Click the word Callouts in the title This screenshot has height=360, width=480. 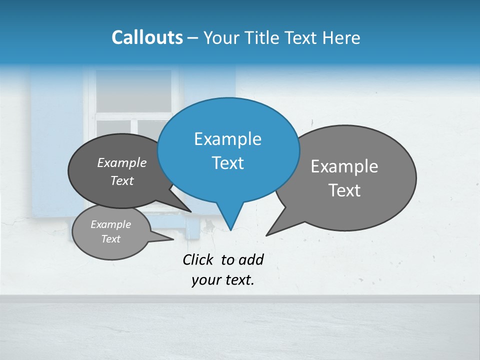[147, 38]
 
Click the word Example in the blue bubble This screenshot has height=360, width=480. [227, 139]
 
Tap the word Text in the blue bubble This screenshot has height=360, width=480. [227, 163]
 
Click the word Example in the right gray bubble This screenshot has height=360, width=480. [344, 166]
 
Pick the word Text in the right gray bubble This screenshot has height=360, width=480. [344, 190]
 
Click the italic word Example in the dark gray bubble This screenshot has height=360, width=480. [121, 162]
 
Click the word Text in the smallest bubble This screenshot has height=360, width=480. [110, 239]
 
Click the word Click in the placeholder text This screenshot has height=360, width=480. [198, 259]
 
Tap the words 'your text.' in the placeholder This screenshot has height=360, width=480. [223, 280]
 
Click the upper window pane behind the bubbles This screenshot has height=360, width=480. [133, 90]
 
